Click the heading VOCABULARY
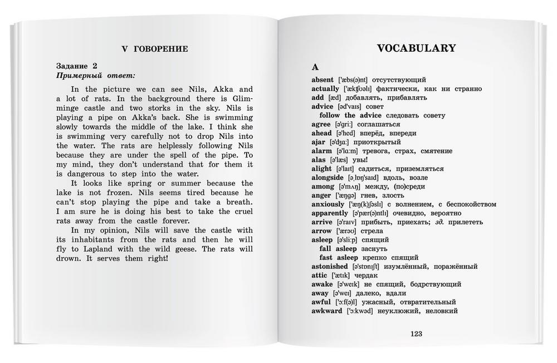pos(417,48)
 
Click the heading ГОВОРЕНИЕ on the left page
pos(162,49)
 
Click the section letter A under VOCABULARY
pos(315,66)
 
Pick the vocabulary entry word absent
pos(323,80)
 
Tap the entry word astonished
pos(330,266)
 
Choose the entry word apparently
pos(330,213)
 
